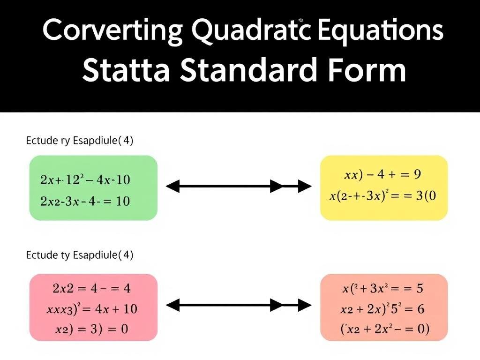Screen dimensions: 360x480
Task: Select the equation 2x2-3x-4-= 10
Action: [x=85, y=201]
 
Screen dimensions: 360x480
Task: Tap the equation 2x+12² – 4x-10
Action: [x=85, y=179]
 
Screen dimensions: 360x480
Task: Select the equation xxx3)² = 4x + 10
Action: [x=92, y=309]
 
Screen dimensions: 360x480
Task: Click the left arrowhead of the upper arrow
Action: [x=172, y=187]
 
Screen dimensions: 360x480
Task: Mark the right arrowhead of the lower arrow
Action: [x=305, y=306]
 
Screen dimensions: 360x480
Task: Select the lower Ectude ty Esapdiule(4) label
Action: [x=79, y=255]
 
